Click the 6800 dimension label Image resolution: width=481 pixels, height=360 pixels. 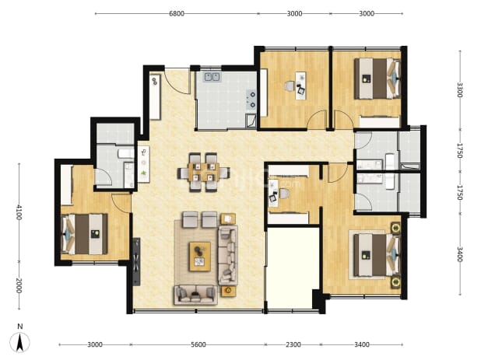pos(177,13)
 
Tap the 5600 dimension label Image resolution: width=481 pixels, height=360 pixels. pos(198,344)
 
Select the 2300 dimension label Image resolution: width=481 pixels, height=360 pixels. pos(293,344)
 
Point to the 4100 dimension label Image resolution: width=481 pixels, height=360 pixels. pos(19,212)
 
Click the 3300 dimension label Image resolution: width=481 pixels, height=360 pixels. pos(459,89)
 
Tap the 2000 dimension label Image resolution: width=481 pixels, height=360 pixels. pos(19,285)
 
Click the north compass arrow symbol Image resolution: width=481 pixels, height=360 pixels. pos(20,342)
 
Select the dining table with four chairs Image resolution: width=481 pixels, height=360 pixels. pos(204,172)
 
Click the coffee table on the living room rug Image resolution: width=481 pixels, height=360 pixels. pos(200,257)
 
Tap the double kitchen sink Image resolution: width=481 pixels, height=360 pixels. pos(212,77)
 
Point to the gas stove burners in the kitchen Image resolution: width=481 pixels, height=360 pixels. pos(251,100)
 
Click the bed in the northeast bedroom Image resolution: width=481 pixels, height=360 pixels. pos(377,79)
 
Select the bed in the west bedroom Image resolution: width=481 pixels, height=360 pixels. pos(85,234)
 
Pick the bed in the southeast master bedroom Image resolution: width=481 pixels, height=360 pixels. pos(377,255)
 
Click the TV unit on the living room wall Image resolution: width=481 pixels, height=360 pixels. pos(136,262)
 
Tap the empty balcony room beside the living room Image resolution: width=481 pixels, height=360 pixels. pos(293,268)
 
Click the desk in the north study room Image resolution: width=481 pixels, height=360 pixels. pos(300,86)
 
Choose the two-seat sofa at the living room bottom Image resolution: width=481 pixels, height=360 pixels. pos(195,295)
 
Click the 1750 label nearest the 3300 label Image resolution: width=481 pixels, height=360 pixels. pos(459,150)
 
